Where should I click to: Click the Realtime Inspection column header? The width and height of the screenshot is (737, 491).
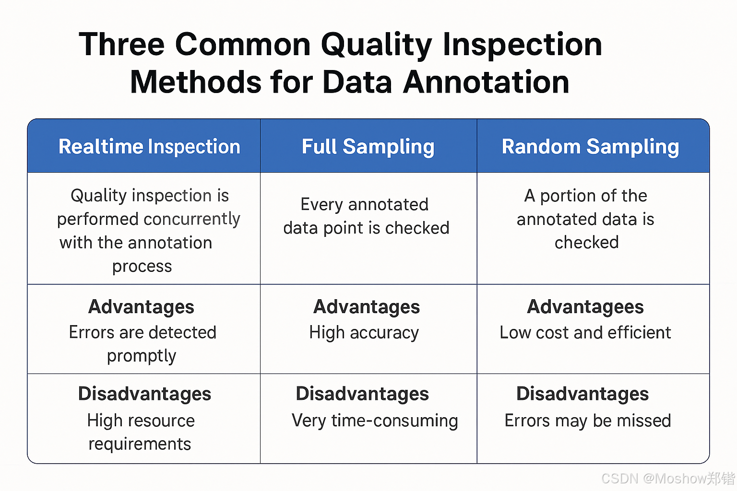[x=149, y=146]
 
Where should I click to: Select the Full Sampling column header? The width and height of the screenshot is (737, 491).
[x=368, y=147]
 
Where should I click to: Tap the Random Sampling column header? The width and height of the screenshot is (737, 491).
[x=590, y=147]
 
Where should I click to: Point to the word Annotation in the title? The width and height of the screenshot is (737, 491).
[x=486, y=82]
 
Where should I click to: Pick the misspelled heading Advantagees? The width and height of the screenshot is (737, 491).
[x=585, y=307]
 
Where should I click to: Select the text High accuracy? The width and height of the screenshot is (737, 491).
[x=364, y=333]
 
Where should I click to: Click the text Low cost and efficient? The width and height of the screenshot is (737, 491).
[x=585, y=332]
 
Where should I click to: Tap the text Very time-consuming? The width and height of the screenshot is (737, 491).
[x=375, y=421]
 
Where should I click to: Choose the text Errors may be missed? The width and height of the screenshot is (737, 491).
[x=588, y=421]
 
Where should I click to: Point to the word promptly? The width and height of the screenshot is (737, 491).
[x=142, y=356]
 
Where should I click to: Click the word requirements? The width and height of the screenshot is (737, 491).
[x=140, y=444]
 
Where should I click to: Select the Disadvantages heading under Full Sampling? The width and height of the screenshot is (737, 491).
[x=362, y=394]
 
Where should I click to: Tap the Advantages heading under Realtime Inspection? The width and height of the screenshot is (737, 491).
[x=141, y=307]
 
